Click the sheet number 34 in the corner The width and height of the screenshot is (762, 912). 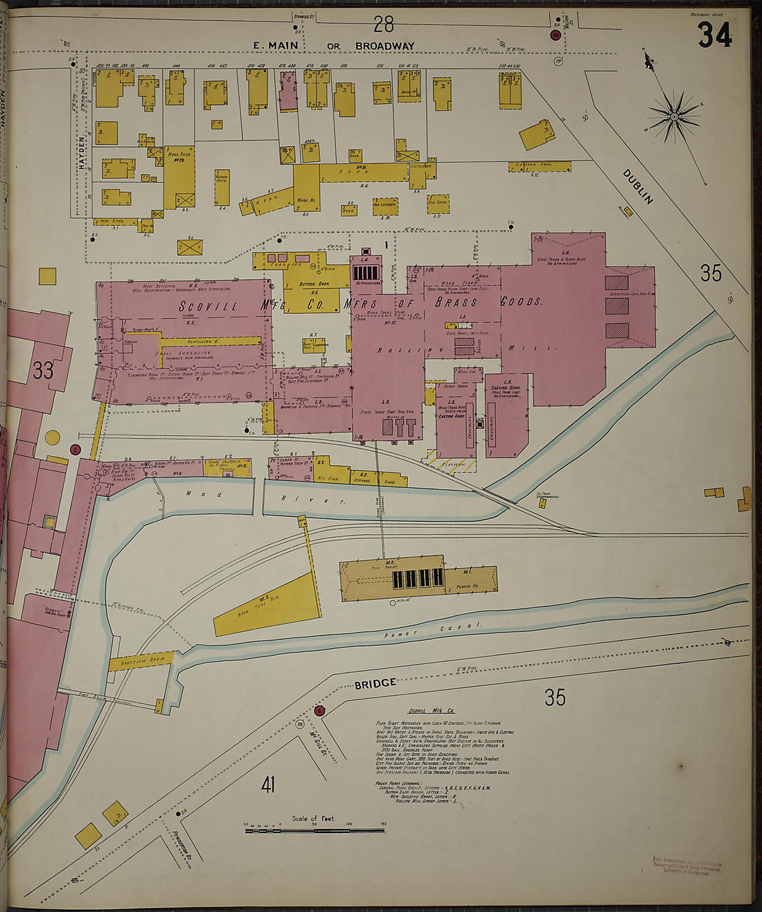coord(714,35)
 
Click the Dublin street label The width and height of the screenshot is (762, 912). coord(638,186)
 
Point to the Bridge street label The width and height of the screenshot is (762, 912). coord(375,683)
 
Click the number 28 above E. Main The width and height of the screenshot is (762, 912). coord(383,24)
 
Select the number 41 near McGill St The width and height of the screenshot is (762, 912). coord(268,784)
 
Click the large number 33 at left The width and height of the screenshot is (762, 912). coord(43,371)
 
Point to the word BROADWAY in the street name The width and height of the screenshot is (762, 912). coord(384,46)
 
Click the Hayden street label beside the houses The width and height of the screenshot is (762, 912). coord(83,154)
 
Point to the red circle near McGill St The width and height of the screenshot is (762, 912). coord(319,710)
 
